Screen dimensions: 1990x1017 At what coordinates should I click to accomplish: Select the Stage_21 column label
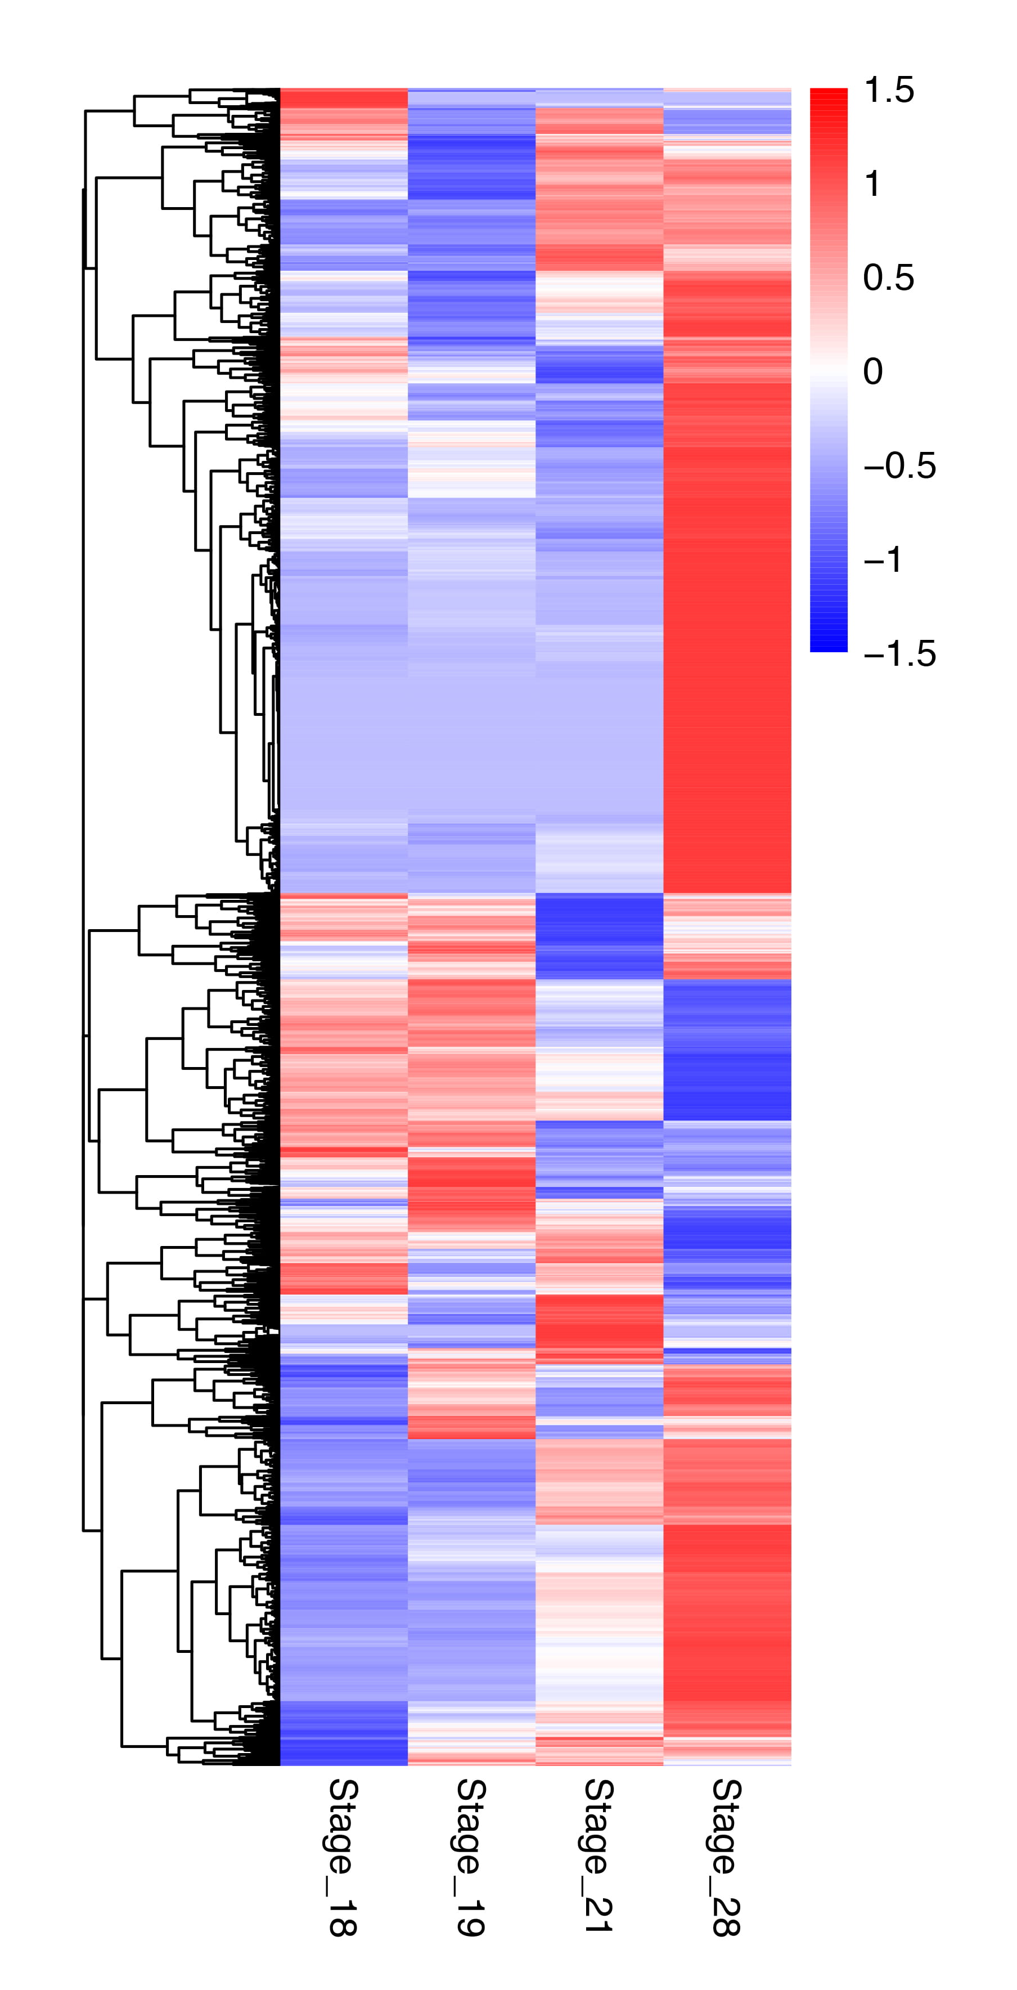(x=598, y=1855)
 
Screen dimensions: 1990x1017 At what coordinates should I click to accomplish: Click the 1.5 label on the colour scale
(x=889, y=91)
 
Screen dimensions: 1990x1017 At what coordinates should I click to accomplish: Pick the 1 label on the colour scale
(x=872, y=185)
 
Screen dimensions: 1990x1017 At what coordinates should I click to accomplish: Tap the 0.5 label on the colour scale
(x=889, y=278)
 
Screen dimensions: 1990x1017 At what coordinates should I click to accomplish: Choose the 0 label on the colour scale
(x=872, y=371)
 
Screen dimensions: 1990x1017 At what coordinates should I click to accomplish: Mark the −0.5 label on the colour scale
(x=899, y=466)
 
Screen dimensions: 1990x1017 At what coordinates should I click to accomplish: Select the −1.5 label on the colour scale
(x=899, y=653)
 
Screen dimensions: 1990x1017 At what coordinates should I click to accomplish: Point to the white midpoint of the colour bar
(x=829, y=370)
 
